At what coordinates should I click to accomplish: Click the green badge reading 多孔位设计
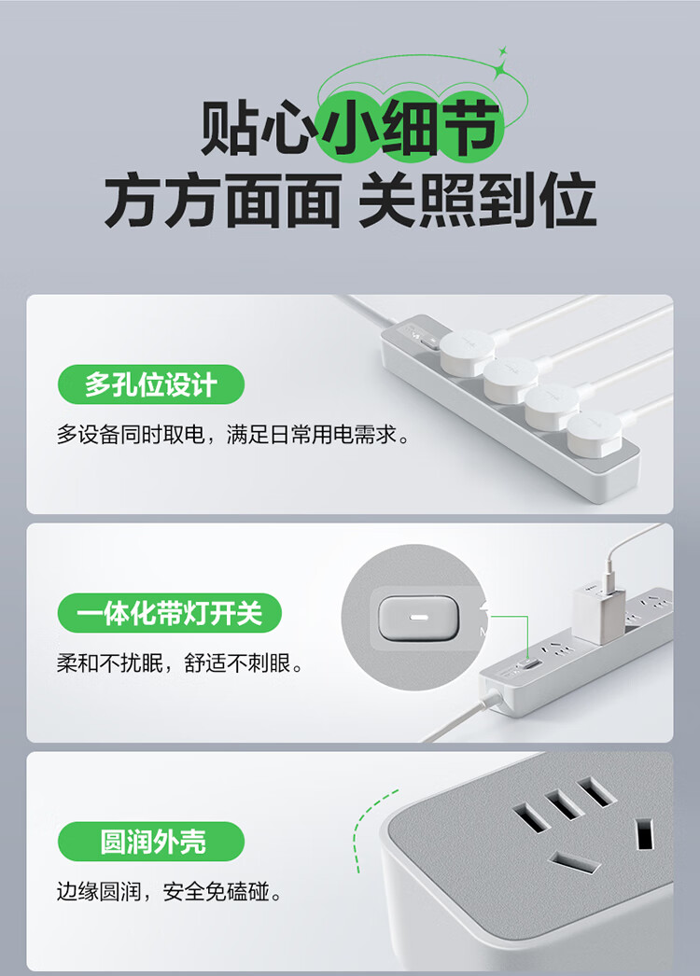tap(150, 384)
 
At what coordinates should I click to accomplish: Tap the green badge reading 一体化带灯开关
tap(169, 613)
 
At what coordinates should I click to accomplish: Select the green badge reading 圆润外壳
tap(150, 842)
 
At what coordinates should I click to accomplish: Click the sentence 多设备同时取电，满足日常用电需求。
tap(233, 435)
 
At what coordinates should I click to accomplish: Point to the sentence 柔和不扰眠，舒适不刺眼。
tap(179, 663)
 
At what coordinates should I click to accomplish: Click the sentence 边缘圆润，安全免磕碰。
tap(168, 892)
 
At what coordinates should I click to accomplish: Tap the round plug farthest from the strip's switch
tap(594, 431)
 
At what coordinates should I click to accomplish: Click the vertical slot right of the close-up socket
tap(645, 833)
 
